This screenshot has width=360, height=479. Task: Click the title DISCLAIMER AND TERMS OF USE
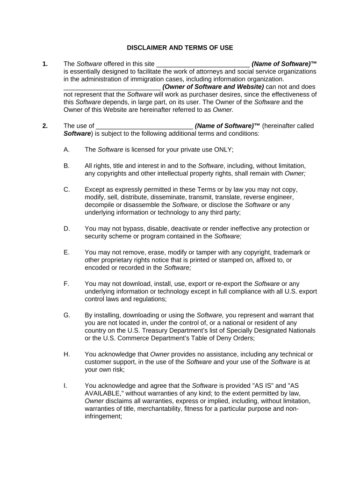180,48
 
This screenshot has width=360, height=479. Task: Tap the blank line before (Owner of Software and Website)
112,87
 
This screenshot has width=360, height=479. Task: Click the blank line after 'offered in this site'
202,64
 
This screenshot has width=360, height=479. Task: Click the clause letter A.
66,149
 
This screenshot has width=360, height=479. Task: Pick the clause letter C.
66,189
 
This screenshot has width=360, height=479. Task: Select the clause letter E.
66,253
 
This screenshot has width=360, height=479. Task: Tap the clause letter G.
66,315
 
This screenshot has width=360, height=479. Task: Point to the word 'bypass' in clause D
128,229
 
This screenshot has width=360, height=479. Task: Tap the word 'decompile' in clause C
99,205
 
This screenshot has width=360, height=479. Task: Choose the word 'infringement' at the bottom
102,416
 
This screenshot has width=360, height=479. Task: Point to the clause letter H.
66,354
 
